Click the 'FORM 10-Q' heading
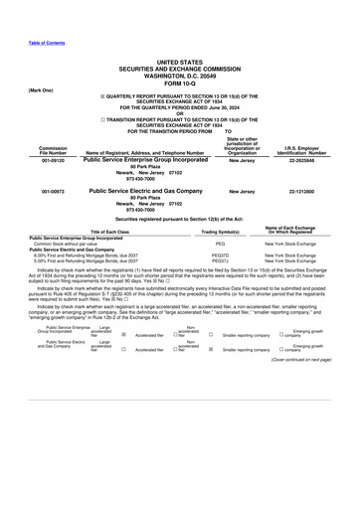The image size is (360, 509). coord(179,82)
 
